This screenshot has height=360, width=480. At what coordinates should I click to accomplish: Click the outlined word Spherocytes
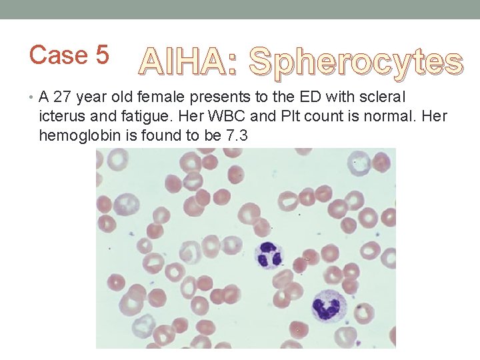click(x=355, y=63)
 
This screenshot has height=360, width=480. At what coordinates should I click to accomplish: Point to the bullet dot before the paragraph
click(x=33, y=97)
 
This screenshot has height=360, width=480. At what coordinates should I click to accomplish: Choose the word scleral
click(x=381, y=97)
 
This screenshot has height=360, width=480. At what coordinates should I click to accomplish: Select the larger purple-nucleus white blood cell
click(x=329, y=306)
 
